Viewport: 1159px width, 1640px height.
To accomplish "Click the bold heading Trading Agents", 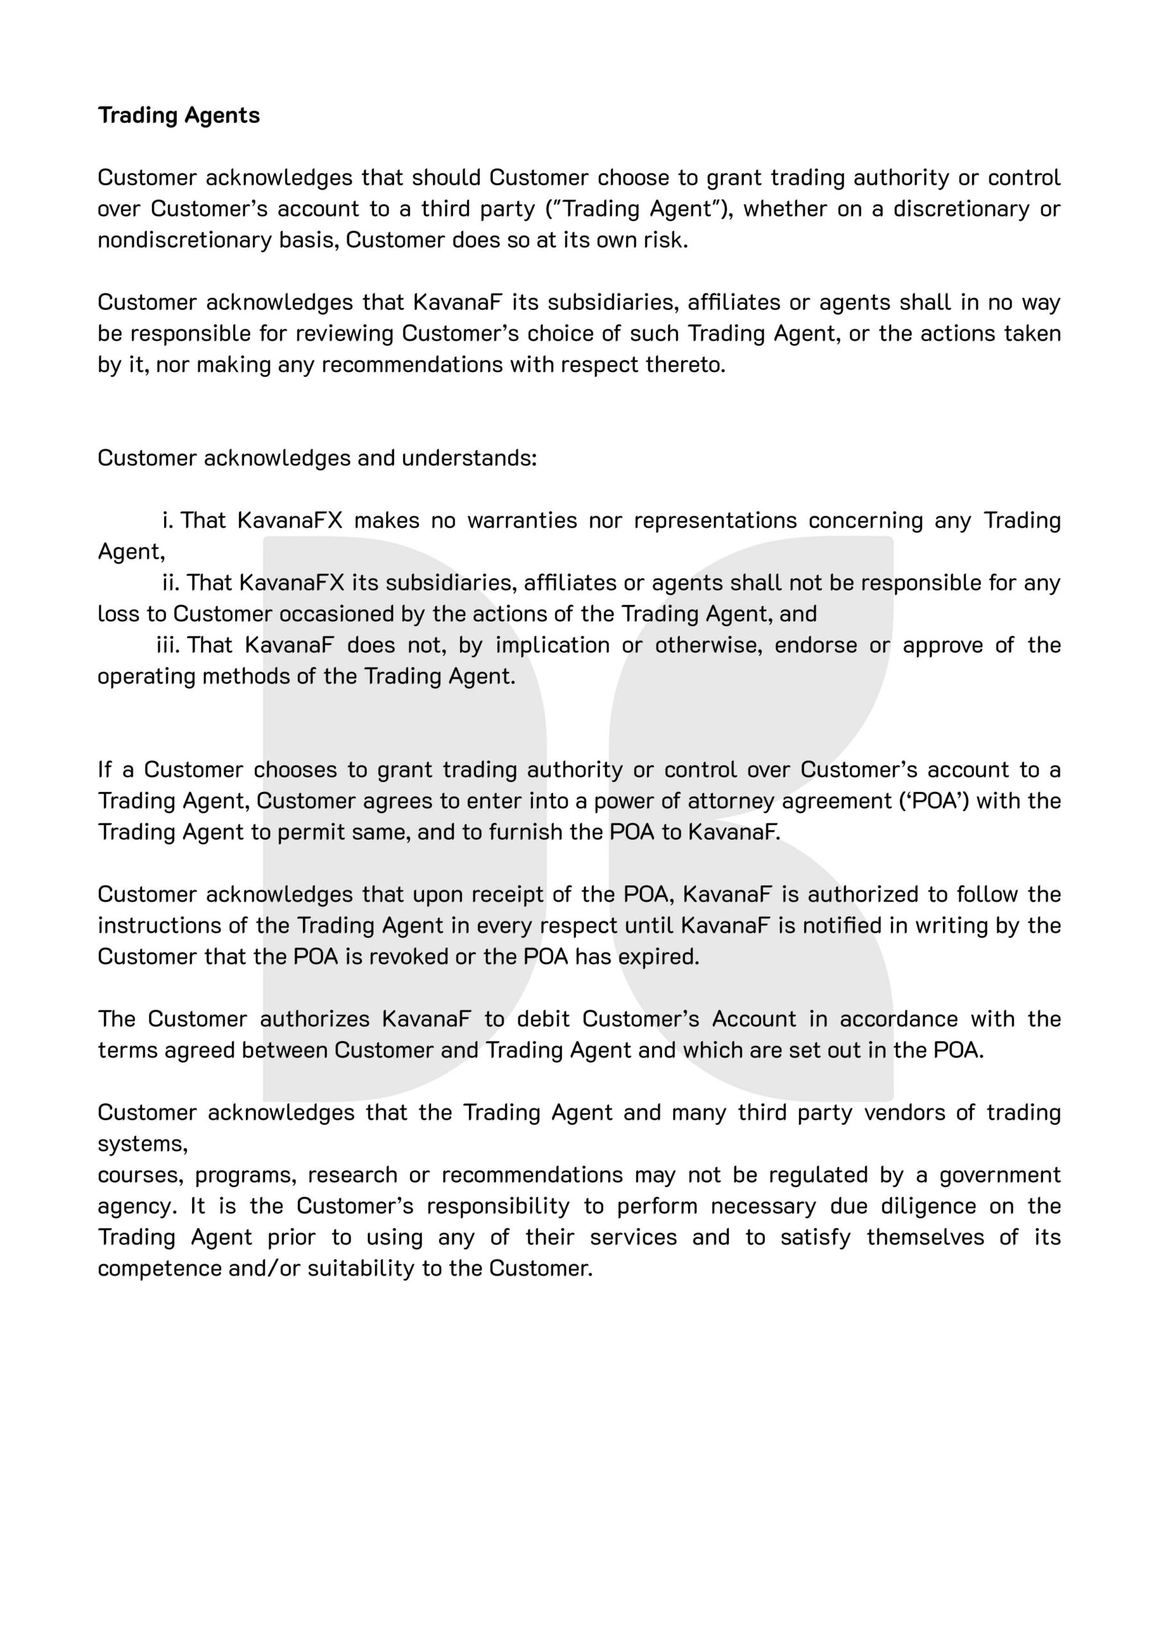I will pos(179,115).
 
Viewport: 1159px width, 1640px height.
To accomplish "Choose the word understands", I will pos(469,458).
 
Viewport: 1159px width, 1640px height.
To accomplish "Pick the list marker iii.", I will pos(169,645).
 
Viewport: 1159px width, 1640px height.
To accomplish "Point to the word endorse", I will pos(816,645).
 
